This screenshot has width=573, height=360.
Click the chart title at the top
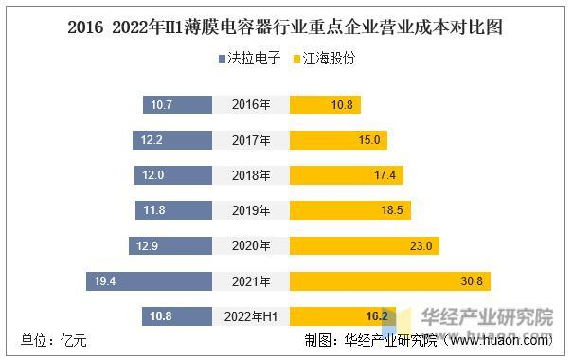(286, 27)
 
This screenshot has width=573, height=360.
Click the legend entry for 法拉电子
(249, 59)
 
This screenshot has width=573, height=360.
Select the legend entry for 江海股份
(326, 59)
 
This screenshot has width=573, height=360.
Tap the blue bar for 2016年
(177, 105)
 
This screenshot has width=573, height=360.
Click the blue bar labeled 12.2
(171, 140)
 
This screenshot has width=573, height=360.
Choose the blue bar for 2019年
(173, 210)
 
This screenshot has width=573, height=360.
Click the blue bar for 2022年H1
(176, 315)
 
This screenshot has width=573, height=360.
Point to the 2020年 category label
(251, 245)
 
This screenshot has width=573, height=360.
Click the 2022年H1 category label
(251, 315)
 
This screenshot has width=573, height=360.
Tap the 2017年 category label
(251, 140)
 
